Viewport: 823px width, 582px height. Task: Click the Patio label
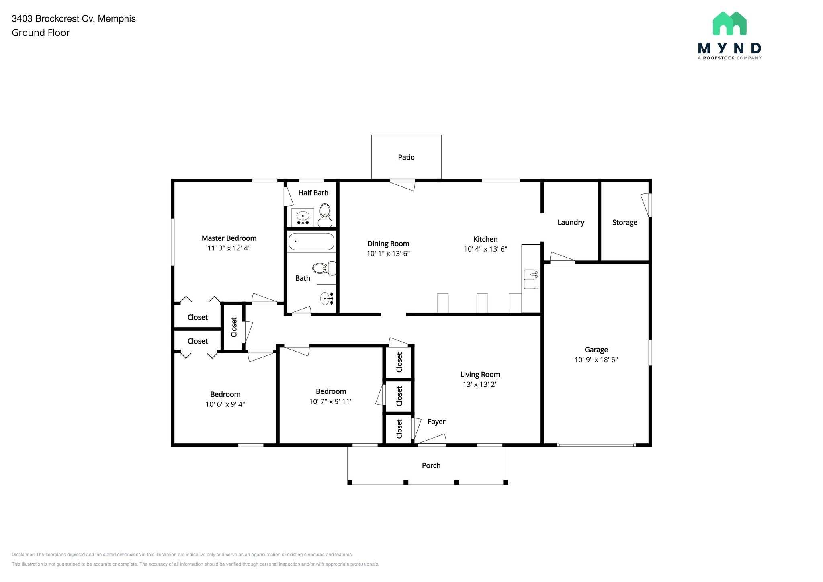click(x=406, y=157)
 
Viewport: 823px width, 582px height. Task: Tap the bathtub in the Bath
click(x=311, y=242)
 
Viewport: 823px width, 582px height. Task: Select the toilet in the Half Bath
click(x=325, y=215)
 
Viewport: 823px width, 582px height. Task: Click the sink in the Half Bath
click(x=303, y=218)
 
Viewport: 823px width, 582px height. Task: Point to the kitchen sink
click(x=531, y=279)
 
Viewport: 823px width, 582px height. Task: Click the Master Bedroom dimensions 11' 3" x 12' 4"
click(x=229, y=248)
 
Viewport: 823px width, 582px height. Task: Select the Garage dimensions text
click(x=596, y=360)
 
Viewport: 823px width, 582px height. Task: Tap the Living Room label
click(x=480, y=374)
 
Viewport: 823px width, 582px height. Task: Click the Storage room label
click(x=624, y=222)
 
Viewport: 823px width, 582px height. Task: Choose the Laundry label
click(x=571, y=222)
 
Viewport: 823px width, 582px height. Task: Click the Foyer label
click(x=436, y=422)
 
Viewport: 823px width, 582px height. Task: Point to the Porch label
click(x=431, y=465)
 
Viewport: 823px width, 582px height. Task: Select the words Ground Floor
click(x=41, y=33)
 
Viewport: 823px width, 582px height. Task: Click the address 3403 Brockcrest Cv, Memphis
click(x=74, y=19)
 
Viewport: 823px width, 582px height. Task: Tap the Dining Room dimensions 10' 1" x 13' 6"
click(x=388, y=254)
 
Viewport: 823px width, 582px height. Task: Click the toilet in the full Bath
click(x=324, y=268)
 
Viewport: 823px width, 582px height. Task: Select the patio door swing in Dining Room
click(x=403, y=185)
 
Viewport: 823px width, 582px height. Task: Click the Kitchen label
click(x=485, y=239)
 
